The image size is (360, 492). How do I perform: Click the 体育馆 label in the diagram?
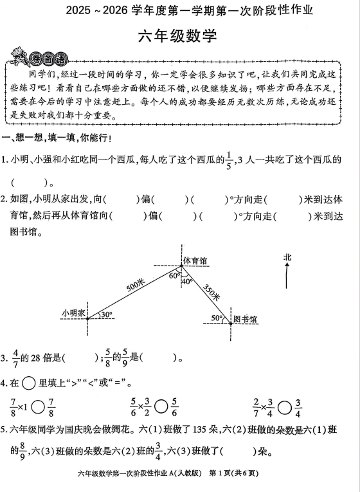(195, 261)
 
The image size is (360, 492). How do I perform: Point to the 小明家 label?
(73, 313)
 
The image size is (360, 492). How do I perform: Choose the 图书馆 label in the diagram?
(245, 319)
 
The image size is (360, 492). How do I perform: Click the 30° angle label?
(105, 314)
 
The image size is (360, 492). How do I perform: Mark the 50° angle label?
(217, 318)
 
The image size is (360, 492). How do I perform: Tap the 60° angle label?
(174, 275)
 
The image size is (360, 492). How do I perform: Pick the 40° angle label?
(187, 281)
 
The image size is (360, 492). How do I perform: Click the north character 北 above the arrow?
(287, 257)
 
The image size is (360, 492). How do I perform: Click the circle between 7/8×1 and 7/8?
(38, 407)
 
